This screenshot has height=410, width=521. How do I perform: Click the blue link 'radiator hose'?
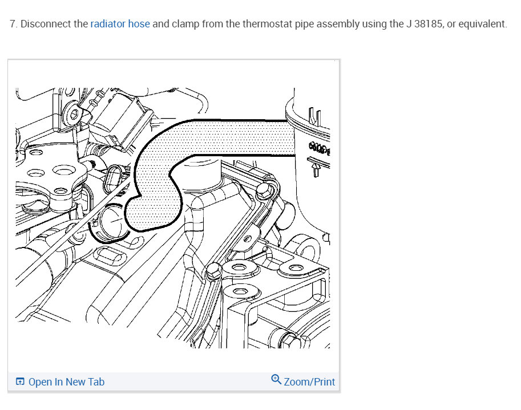coord(120,24)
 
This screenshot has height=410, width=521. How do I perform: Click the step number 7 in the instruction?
coord(13,24)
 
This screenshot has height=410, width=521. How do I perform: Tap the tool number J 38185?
coord(424,24)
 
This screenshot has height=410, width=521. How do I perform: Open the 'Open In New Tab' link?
coord(66,382)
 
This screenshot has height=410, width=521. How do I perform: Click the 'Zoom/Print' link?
coord(309,382)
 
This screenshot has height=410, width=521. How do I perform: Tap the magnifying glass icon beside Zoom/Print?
coord(276,379)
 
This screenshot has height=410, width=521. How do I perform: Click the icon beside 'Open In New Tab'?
coord(20,382)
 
